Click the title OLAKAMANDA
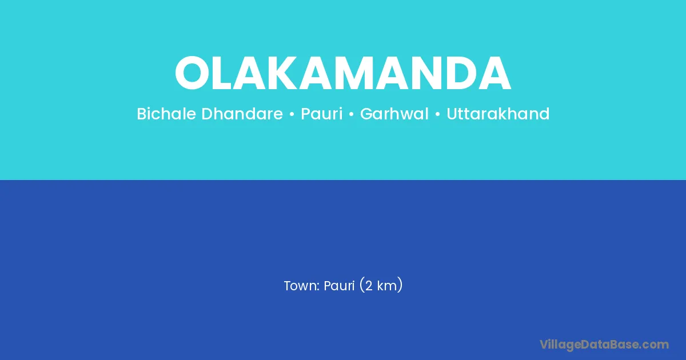342,73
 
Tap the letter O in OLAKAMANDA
192,73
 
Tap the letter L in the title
223,73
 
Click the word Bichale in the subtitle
166,114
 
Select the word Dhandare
242,114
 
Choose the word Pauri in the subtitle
321,114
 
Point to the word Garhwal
394,114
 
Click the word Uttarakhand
498,114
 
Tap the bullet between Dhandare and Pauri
292,114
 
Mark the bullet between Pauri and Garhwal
351,114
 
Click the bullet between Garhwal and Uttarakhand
438,114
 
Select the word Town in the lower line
301,286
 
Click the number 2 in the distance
369,286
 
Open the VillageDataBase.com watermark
604,345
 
